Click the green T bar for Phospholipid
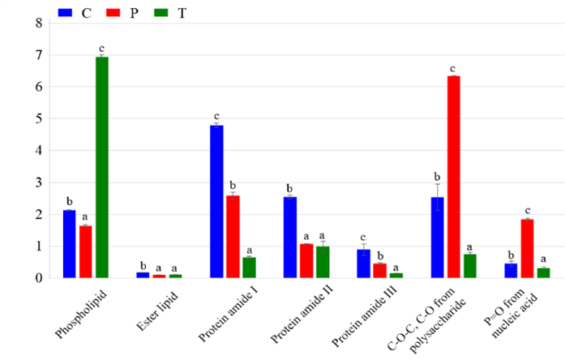[x=102, y=167]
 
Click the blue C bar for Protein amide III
[x=363, y=264]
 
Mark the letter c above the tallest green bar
[x=102, y=49]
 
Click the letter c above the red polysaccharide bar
[x=453, y=68]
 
